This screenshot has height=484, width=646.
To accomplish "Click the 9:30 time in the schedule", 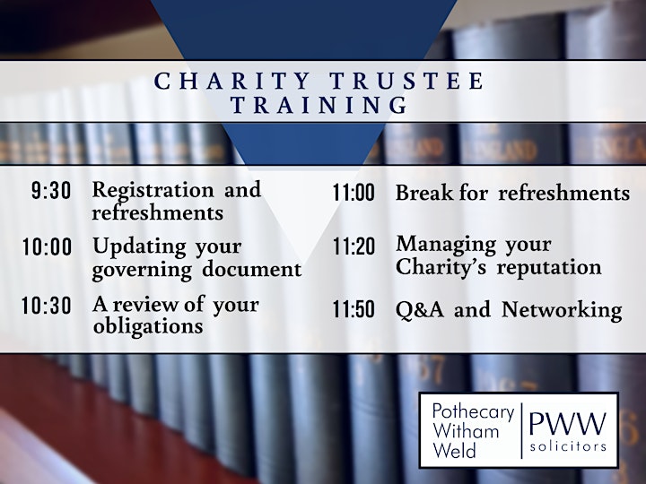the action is (x=51, y=191).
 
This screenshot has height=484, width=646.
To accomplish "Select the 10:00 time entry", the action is (x=47, y=247).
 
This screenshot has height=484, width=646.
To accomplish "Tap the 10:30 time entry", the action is (x=47, y=306).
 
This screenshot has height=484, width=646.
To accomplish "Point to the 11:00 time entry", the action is (x=354, y=192).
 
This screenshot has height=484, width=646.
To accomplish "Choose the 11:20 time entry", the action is (x=354, y=247).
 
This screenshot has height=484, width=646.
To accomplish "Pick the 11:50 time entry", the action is (x=354, y=309).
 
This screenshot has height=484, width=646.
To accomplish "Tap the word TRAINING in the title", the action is (x=319, y=105).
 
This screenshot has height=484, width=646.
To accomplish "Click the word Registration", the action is (x=153, y=190).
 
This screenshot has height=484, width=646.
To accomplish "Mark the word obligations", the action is (x=148, y=326).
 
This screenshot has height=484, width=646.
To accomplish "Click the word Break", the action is (x=423, y=192).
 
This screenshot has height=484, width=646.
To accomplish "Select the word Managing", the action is (x=446, y=246).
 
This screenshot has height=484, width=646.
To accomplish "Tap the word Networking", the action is (x=562, y=310).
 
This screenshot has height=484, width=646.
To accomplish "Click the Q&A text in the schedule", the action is (x=420, y=310).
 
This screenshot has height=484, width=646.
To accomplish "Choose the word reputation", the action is (x=549, y=268).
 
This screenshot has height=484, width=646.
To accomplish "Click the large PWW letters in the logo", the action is (x=567, y=423).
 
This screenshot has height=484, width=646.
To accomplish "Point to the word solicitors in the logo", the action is (x=568, y=446).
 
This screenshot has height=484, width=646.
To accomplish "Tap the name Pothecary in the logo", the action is (x=474, y=411).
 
